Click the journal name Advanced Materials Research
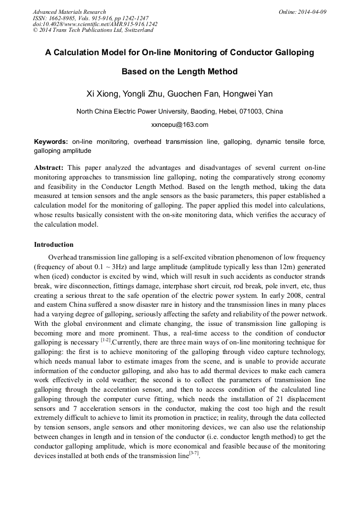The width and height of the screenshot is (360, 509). [69, 12]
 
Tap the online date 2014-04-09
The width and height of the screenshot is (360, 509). [312, 12]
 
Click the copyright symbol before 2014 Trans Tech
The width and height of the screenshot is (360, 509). [35, 31]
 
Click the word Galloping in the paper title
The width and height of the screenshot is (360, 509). [294, 53]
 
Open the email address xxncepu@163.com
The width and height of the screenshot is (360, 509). [179, 125]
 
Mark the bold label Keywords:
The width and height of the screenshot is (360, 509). [51, 142]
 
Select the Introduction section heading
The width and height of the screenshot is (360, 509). [54, 245]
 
